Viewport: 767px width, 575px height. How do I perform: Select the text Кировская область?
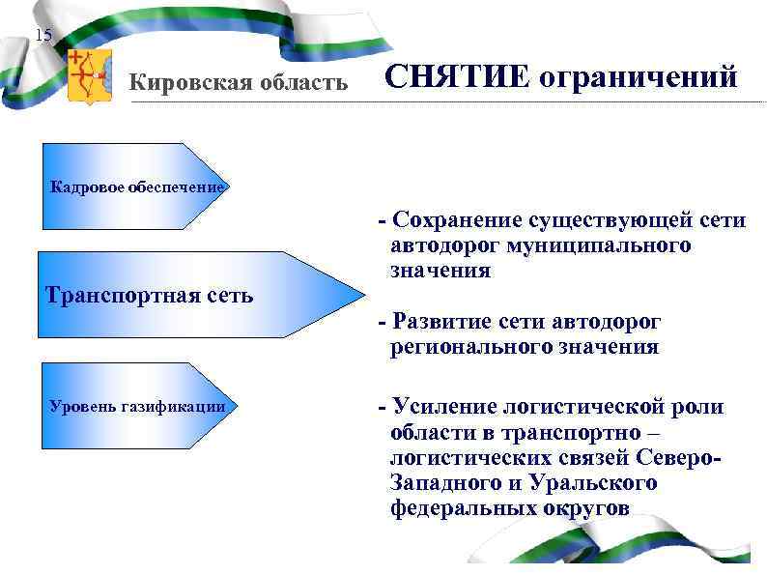tap(239, 82)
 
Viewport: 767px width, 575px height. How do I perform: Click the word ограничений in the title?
tap(638, 76)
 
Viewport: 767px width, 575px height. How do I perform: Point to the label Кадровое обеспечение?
tap(136, 187)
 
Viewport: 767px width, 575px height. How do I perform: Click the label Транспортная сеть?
tap(149, 295)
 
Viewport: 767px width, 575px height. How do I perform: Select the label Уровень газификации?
tap(137, 406)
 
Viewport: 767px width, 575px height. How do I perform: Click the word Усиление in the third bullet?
tap(442, 407)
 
